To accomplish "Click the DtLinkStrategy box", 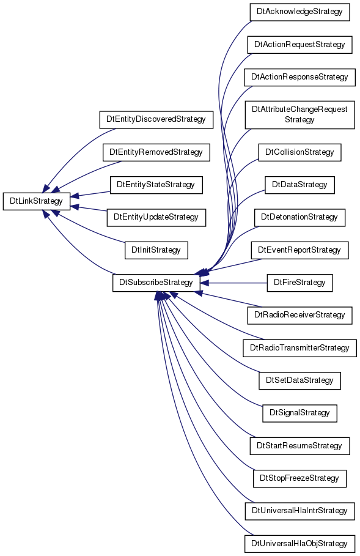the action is coord(37,201).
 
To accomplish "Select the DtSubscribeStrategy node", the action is coord(156,283).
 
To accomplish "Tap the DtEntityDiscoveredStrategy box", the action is coord(156,119).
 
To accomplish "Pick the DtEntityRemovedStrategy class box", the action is coord(156,152).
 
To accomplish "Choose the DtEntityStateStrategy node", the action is coord(156,185).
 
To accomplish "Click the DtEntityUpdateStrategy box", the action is coord(156,217).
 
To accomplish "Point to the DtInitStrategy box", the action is coord(156,250).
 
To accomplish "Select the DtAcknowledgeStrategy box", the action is coord(299,12).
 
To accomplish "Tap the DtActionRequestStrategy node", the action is coord(299,45).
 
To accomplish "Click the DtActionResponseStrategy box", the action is coord(299,77).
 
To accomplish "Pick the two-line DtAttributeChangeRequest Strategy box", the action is coord(299,115).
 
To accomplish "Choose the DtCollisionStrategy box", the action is coord(299,152).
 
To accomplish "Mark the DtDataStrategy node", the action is coord(299,185).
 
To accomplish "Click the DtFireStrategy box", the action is coord(299,283).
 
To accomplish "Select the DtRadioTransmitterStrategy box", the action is coord(299,348).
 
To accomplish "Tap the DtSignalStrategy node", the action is coord(299,413).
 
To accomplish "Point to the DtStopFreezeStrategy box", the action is coord(299,478).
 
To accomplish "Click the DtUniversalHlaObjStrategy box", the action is coord(299,544).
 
